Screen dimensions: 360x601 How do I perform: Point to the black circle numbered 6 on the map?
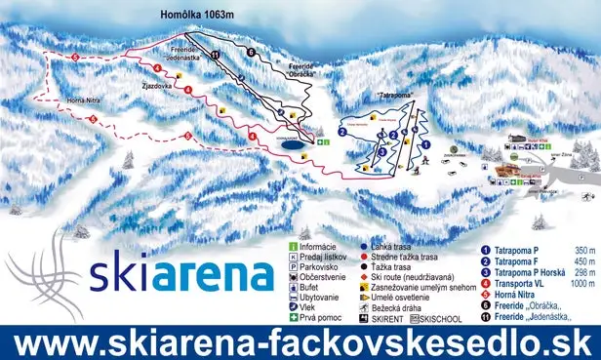pyautogui.click(x=250, y=52)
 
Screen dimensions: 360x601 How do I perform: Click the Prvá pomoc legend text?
pyautogui.click(x=327, y=318)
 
